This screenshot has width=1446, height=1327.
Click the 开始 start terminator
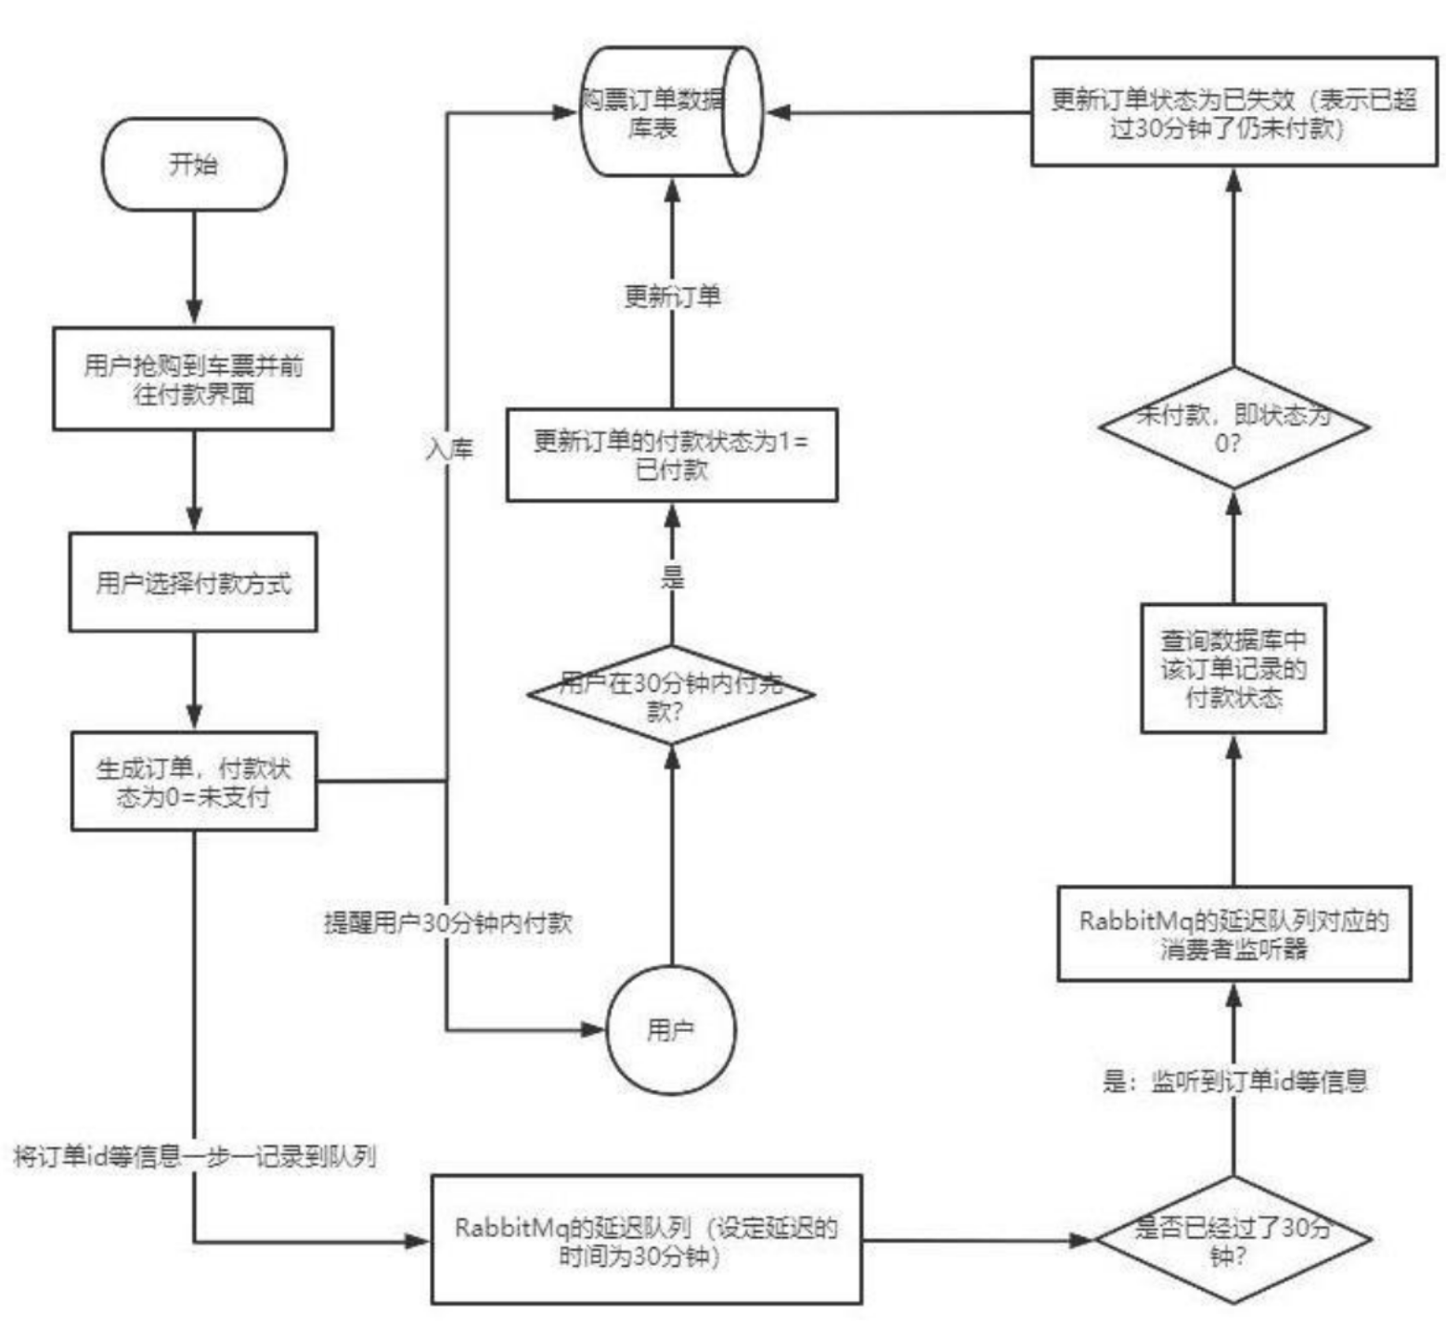tap(194, 164)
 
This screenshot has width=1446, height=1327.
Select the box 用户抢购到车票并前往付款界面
tap(193, 379)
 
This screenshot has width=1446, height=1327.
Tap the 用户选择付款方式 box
tap(193, 583)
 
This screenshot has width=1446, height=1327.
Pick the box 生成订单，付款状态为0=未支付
tap(194, 781)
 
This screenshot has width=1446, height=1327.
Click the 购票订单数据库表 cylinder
tap(670, 112)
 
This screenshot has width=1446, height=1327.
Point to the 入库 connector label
tap(450, 449)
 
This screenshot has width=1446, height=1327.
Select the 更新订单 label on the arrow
tap(673, 297)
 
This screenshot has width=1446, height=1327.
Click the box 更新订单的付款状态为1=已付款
tap(672, 455)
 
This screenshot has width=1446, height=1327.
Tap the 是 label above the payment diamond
tap(673, 578)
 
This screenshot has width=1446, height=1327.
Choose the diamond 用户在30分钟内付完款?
tap(671, 696)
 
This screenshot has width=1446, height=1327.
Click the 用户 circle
tap(671, 1029)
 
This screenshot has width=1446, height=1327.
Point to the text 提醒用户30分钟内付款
tap(447, 923)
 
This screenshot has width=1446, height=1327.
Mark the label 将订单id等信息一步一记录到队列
tap(194, 1156)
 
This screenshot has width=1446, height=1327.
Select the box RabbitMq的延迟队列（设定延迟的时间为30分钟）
tap(646, 1240)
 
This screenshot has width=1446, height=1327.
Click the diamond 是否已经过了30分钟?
tap(1233, 1240)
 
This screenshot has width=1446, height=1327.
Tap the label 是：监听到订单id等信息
tap(1234, 1081)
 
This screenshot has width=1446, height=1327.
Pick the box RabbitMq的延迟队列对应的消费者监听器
tap(1233, 934)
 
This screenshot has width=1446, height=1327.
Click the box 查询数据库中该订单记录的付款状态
tap(1233, 668)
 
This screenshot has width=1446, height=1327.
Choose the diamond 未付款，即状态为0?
tap(1233, 428)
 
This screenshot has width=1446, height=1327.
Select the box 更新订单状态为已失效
tap(1233, 111)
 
